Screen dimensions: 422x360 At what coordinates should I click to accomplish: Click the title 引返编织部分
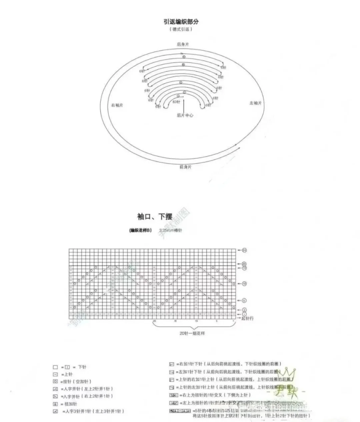click(181, 22)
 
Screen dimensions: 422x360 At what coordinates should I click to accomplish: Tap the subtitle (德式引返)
click(181, 29)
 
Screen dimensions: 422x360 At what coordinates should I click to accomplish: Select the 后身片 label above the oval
click(183, 44)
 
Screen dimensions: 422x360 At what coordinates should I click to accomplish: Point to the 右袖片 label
click(117, 105)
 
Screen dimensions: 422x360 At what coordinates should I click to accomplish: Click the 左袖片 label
click(255, 103)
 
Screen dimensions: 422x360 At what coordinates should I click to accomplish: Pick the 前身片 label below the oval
click(185, 167)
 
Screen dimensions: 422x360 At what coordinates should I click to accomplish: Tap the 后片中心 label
click(185, 115)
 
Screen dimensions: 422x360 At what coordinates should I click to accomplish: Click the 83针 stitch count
click(176, 102)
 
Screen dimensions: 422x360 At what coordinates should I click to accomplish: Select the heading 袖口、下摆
click(155, 217)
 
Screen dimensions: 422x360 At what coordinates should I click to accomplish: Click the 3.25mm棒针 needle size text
click(171, 231)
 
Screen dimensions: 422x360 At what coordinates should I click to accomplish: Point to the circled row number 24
click(244, 250)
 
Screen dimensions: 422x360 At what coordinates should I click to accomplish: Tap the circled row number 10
click(244, 284)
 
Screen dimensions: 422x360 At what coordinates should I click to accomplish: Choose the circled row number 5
click(244, 301)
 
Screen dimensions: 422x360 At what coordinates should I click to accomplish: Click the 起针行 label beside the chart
click(247, 318)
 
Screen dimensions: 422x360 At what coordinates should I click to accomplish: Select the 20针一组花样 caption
click(192, 333)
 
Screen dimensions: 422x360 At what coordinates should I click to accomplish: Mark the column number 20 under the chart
click(154, 321)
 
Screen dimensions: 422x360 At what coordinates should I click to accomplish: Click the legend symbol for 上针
click(55, 374)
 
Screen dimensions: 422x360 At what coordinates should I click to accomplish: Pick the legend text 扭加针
click(69, 404)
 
